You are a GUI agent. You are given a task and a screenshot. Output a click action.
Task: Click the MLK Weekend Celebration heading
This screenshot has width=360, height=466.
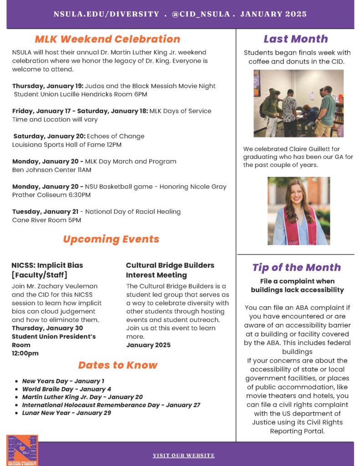pyautogui.click(x=107, y=39)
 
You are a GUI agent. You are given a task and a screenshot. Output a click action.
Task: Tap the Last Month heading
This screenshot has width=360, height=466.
pyautogui.click(x=295, y=39)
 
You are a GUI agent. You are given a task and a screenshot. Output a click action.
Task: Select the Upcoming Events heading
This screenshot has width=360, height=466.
pyautogui.click(x=111, y=239)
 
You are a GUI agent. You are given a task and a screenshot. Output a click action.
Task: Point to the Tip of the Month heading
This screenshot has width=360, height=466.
pyautogui.click(x=296, y=267)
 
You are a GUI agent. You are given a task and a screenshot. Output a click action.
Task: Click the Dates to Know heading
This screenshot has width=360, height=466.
pyautogui.click(x=117, y=365)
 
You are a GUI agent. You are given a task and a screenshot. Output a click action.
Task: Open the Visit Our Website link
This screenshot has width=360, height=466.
pyautogui.click(x=183, y=455)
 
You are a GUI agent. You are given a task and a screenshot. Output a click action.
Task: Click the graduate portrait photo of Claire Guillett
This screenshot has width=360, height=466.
pyautogui.click(x=298, y=211)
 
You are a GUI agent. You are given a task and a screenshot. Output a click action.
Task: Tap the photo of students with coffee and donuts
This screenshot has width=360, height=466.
pyautogui.click(x=298, y=103)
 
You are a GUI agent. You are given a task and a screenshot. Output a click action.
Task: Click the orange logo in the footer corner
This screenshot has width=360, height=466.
pyautogui.click(x=22, y=450)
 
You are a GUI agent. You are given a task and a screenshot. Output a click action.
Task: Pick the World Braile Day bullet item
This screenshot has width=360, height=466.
pyautogui.click(x=66, y=389)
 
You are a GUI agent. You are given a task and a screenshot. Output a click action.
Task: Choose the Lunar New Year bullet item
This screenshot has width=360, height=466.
pyautogui.click(x=66, y=413)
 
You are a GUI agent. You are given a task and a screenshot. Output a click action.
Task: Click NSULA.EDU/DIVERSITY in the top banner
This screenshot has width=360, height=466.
pyautogui.click(x=106, y=14)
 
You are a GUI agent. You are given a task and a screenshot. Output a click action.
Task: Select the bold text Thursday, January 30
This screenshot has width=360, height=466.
pyautogui.click(x=47, y=328)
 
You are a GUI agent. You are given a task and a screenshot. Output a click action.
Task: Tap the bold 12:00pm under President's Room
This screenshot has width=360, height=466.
pyautogui.click(x=25, y=353)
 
